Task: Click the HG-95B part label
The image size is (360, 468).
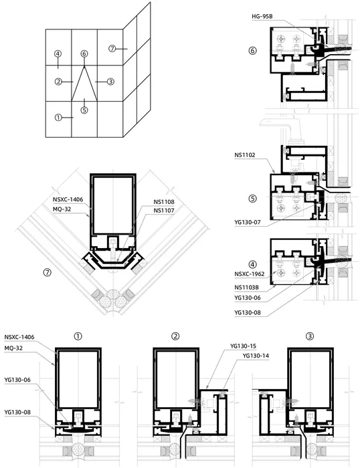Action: point(262,17)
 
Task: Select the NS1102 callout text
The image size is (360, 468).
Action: point(245,155)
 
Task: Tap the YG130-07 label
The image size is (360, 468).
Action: point(248,223)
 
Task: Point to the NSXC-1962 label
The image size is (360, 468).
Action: point(250,274)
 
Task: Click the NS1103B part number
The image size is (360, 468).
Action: point(246,287)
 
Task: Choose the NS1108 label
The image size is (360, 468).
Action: point(164,202)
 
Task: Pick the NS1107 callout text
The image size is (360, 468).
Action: point(164,211)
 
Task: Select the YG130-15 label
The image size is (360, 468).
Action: point(243,346)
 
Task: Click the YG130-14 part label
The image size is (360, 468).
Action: point(256,356)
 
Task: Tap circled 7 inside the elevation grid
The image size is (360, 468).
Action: point(112,48)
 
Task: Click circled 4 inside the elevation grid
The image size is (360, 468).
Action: point(58,54)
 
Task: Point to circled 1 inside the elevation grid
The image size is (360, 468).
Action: point(58,118)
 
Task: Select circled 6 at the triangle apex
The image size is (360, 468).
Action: point(84,53)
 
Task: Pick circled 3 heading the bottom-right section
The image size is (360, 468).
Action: point(310,336)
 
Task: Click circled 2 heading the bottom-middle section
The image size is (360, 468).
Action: point(175,336)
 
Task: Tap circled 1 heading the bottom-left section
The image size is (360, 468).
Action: point(78,336)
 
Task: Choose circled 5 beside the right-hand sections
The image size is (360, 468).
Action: point(252,199)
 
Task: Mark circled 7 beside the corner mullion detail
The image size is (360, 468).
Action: point(48,272)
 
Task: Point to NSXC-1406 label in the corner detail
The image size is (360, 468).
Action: point(68,200)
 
